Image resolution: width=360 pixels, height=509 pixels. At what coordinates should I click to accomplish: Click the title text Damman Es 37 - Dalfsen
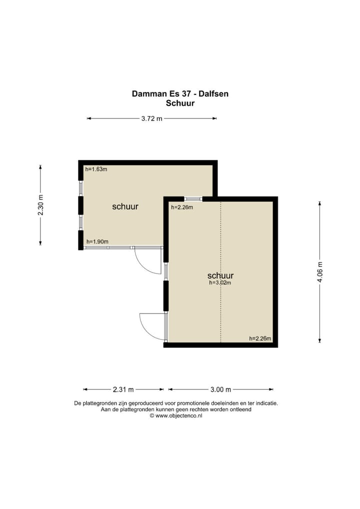(x=180, y=93)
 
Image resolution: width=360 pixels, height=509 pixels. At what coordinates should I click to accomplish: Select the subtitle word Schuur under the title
(x=180, y=103)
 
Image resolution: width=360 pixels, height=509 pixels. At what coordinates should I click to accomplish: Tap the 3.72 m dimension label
(x=151, y=118)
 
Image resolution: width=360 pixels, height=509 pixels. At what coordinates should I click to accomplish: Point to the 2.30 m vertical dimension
(x=40, y=205)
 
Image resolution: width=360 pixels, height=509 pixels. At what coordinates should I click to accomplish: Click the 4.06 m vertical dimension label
(x=320, y=272)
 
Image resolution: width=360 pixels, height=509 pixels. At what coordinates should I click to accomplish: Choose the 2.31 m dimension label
(x=123, y=389)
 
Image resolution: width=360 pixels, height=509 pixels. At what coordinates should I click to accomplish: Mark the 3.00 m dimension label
(x=220, y=389)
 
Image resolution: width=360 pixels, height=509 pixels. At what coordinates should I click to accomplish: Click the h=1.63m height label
(x=96, y=169)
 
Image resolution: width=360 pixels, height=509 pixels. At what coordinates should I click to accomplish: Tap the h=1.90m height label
(x=97, y=241)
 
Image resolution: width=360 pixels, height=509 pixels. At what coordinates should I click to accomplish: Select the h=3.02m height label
(x=220, y=282)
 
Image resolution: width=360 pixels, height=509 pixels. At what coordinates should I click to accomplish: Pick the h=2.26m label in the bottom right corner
(x=260, y=338)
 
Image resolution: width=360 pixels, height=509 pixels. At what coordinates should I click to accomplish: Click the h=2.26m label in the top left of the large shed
(x=182, y=207)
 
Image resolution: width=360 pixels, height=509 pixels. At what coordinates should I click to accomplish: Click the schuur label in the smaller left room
(x=125, y=206)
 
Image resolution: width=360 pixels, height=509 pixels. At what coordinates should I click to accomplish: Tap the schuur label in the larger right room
(x=220, y=275)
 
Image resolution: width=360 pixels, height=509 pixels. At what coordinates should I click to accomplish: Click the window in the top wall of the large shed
(x=193, y=198)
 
